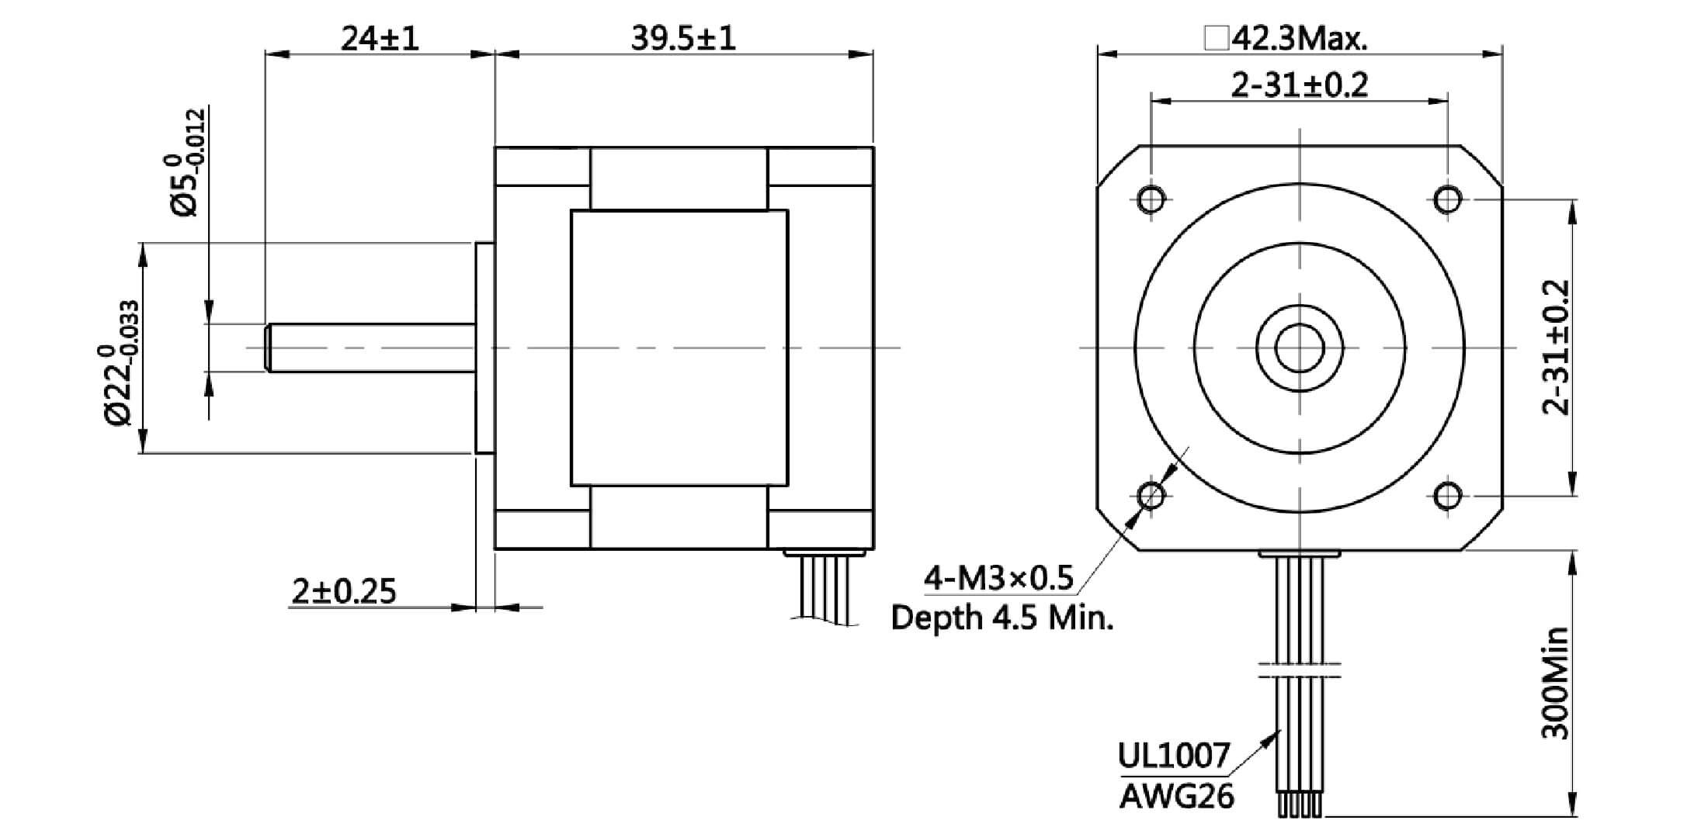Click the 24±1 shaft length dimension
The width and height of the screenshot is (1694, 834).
[x=380, y=37]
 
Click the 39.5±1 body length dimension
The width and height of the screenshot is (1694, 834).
[x=682, y=37]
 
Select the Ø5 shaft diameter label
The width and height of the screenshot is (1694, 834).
[x=185, y=163]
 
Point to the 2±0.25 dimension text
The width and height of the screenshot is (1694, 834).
[x=344, y=591]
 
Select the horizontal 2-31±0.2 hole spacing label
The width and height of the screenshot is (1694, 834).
[x=1300, y=85]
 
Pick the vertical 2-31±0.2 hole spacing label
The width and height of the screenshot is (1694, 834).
[x=1556, y=348]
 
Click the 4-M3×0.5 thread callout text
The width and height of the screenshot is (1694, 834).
[x=998, y=578]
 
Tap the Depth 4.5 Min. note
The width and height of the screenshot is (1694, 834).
[x=1002, y=618]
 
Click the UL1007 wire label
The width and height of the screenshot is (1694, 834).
[x=1173, y=755]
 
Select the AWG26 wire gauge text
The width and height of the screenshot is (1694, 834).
[x=1176, y=796]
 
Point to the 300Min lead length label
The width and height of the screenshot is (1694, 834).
[x=1555, y=683]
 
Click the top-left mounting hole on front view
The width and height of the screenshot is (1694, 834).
[x=1151, y=199]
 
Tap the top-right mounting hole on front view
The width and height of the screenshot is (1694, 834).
[x=1447, y=199]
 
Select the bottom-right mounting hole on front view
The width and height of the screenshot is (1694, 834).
[x=1447, y=495]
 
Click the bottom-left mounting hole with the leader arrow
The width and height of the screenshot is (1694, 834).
[x=1151, y=495]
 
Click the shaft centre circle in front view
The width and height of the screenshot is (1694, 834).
[x=1299, y=348]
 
